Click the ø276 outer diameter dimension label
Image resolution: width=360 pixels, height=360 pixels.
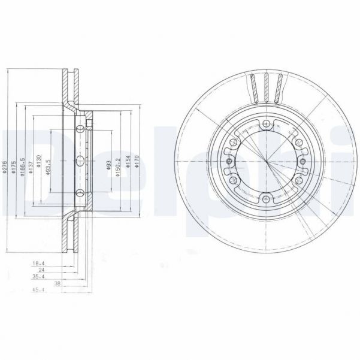coord(5,168)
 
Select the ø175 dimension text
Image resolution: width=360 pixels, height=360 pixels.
coord(14,168)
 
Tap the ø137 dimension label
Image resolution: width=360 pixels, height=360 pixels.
coord(31,168)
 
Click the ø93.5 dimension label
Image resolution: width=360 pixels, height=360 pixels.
coord(48,165)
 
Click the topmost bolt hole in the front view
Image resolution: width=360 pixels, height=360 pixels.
coord(265,125)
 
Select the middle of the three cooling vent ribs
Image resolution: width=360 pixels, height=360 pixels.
coord(265,87)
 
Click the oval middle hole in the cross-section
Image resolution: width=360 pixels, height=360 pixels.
coord(80,159)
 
